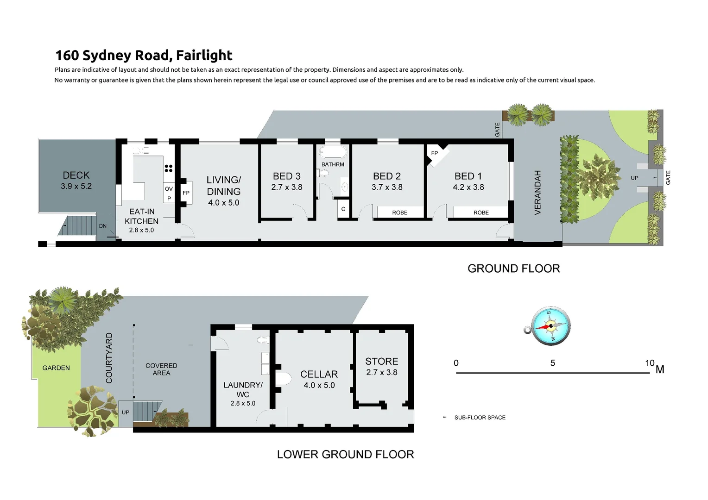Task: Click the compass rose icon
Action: click(550, 326)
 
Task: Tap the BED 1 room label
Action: click(468, 176)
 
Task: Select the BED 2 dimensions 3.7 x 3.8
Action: click(387, 187)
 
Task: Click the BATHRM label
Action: click(333, 164)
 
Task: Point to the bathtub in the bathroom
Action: click(332, 152)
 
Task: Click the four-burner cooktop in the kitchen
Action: click(169, 169)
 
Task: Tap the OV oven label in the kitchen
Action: click(169, 189)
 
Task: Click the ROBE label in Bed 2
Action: click(399, 212)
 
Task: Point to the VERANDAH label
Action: click(537, 192)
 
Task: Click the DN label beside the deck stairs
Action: click(103, 226)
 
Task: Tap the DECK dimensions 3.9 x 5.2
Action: click(76, 187)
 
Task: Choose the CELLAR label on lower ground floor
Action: click(319, 374)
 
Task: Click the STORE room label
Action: click(381, 361)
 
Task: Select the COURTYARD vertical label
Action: click(109, 358)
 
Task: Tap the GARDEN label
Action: click(56, 368)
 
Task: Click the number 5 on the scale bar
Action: click(552, 363)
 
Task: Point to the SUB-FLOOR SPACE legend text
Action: click(480, 418)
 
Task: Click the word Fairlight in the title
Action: click(204, 55)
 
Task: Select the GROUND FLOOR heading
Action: click(513, 269)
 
